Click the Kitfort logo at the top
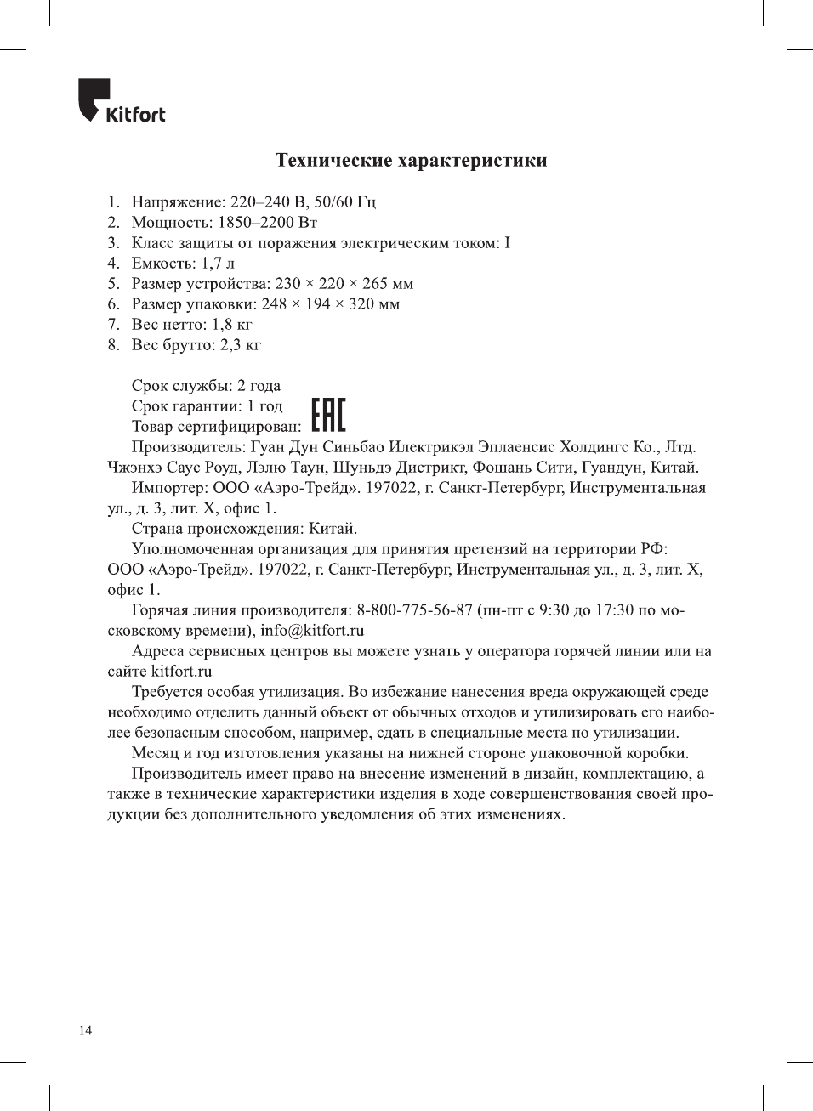(x=121, y=102)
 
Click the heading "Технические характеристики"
(x=411, y=161)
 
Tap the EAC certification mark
(x=328, y=415)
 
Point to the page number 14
(x=85, y=1030)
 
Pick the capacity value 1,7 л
(x=218, y=264)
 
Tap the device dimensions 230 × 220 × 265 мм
(x=344, y=284)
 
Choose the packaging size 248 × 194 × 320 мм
(x=331, y=304)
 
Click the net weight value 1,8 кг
(x=232, y=325)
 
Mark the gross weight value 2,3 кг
(x=241, y=345)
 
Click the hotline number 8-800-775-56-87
(x=414, y=610)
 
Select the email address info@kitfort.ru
(x=312, y=631)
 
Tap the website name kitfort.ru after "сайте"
(x=181, y=672)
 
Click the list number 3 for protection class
(x=112, y=243)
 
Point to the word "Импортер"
(x=167, y=488)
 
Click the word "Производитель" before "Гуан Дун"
(x=188, y=447)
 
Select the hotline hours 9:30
(x=554, y=610)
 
